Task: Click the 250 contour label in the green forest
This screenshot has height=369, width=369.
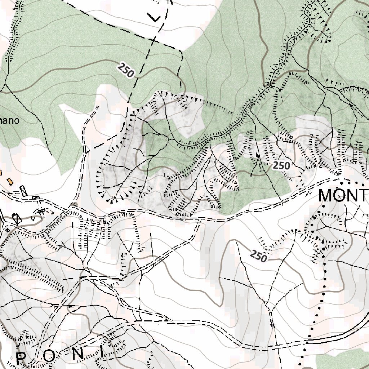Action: click(126, 70)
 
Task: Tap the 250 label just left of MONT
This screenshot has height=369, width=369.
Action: click(281, 166)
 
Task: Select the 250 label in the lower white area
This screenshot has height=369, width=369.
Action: click(258, 256)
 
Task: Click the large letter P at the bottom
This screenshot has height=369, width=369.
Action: click(22, 358)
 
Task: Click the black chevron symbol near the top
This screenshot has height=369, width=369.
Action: click(154, 17)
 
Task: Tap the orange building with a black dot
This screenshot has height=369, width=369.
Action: click(10, 180)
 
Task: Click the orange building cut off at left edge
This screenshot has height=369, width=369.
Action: click(1, 172)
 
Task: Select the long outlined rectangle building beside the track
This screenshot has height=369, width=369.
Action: click(23, 191)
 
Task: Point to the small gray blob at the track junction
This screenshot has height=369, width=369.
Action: click(74, 204)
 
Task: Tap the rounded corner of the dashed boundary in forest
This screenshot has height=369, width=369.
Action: click(179, 52)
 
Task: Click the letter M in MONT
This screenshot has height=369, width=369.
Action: click(326, 196)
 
